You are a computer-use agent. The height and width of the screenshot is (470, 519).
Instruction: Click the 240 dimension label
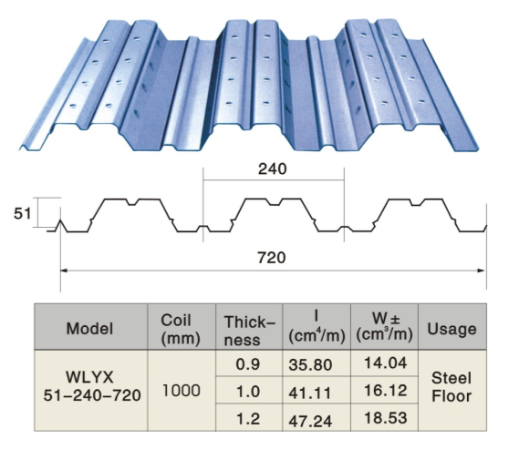pyautogui.click(x=272, y=169)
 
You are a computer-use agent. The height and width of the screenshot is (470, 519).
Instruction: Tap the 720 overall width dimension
pyautogui.click(x=272, y=257)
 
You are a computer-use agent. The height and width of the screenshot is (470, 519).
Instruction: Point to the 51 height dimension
pyautogui.click(x=23, y=214)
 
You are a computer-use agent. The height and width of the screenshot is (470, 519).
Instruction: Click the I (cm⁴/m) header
pyautogui.click(x=316, y=327)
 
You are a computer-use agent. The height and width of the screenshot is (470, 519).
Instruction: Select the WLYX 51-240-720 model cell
pyautogui.click(x=89, y=390)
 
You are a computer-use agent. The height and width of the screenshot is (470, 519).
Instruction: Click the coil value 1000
pyautogui.click(x=181, y=391)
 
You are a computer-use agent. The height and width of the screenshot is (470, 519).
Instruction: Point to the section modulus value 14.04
pyautogui.click(x=383, y=363)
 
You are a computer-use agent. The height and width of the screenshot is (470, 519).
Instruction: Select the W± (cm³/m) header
pyautogui.click(x=383, y=327)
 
